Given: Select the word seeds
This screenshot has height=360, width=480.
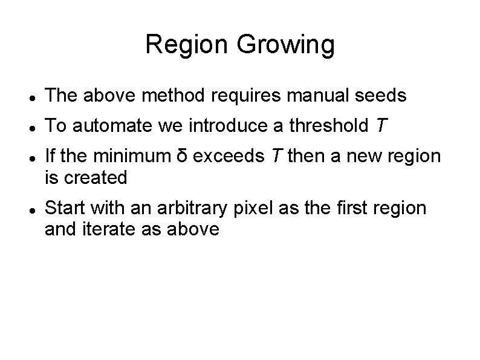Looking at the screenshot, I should click(383, 96).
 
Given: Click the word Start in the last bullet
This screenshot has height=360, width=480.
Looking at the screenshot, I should click(65, 208).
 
